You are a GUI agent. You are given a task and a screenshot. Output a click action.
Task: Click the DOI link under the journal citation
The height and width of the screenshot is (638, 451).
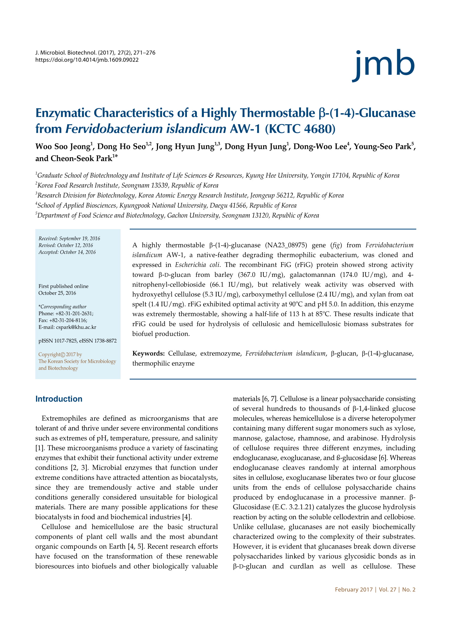[x=87, y=60]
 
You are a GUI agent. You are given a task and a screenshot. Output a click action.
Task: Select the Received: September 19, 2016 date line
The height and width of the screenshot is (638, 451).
[x=69, y=238]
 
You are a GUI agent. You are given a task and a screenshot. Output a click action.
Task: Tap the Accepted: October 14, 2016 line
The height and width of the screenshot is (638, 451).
[x=67, y=252]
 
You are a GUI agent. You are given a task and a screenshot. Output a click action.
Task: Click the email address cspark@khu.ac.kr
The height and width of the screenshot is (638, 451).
[x=76, y=327]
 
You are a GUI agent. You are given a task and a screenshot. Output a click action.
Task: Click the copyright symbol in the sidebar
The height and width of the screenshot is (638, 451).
[x=63, y=355]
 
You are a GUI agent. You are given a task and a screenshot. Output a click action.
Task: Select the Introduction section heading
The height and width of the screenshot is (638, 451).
[x=59, y=399]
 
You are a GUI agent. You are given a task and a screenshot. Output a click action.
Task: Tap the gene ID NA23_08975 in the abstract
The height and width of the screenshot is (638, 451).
[x=286, y=245]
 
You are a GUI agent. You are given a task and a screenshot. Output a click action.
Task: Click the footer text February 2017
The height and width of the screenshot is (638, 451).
[x=354, y=590]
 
